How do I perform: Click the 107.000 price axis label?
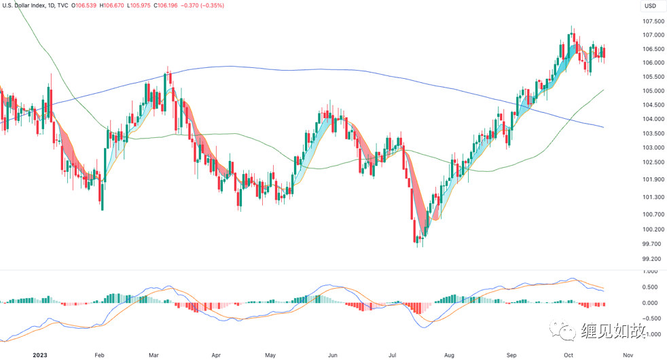click(653, 35)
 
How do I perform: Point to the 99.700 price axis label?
click(651, 244)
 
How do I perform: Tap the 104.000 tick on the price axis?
click(653, 119)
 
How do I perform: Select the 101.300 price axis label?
click(651, 197)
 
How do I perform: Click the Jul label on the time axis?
click(392, 355)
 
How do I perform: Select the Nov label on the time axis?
click(628, 355)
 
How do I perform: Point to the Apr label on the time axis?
click(216, 355)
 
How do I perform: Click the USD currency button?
click(650, 6)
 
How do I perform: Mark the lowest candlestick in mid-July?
click(419, 239)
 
